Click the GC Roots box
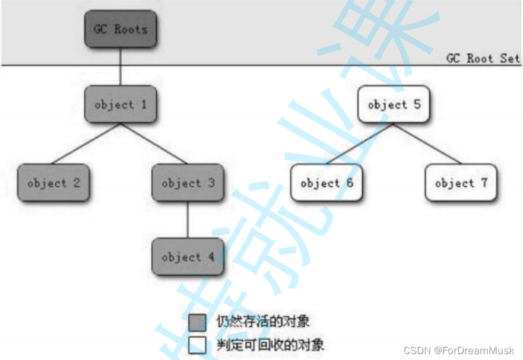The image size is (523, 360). point(121,29)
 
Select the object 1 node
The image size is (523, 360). point(121,104)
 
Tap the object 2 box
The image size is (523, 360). point(53,183)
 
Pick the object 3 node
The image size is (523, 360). point(188,183)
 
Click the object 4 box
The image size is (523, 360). point(188,257)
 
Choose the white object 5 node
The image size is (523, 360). point(393,104)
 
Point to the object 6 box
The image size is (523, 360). point(327,183)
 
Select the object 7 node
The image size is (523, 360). point(461,183)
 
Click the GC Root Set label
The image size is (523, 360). point(483,58)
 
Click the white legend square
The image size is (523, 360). point(197,344)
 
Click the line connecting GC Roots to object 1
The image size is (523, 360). point(121,66)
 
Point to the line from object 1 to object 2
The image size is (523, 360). point(87,143)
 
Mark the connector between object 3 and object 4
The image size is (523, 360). point(188,219)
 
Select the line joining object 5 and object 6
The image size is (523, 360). point(360,143)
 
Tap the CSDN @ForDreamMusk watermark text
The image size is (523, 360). point(458,351)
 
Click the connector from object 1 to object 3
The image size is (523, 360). point(154,143)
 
